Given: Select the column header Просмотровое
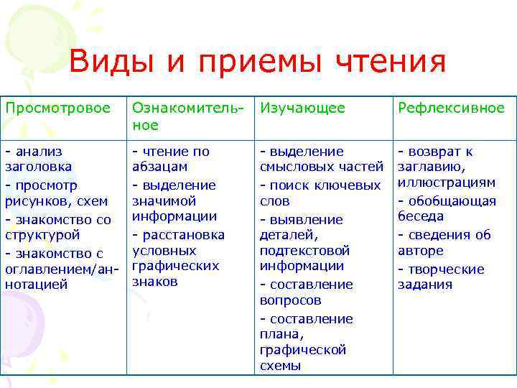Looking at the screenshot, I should point(57,108).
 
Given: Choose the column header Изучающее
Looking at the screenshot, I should point(302,108).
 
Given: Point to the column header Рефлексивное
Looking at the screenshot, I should point(452,108).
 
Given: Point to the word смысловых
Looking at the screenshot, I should point(295,167).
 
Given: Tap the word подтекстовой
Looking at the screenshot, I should point(304,251).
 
